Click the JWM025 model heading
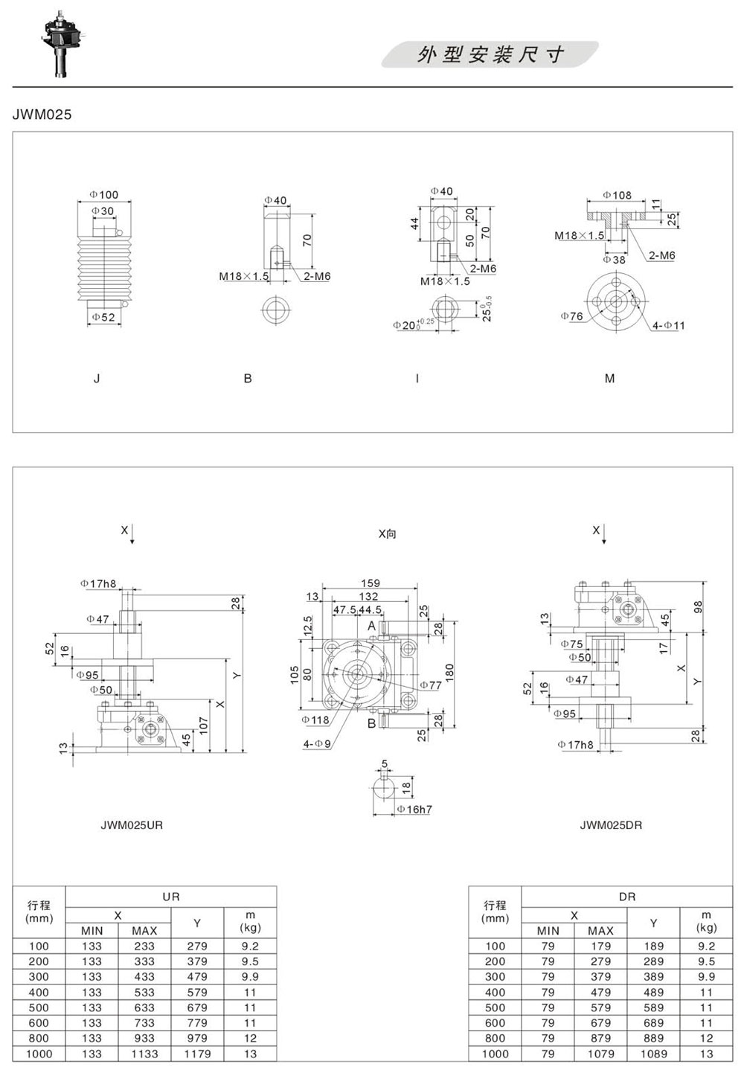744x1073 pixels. pos(42,115)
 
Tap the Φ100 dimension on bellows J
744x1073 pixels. pos(104,194)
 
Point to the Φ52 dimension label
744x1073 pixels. pos(103,317)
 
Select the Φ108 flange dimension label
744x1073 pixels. pos(617,195)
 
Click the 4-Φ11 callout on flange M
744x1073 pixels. pos(668,326)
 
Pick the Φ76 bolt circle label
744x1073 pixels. pos(572,316)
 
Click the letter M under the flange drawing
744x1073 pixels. pos(609,379)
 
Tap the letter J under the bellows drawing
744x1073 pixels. pos(97,379)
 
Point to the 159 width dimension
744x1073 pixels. pos(371,583)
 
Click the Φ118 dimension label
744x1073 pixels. pos(315,720)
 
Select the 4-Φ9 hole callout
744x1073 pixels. pos(317,744)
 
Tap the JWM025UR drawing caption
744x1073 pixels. pos(132,825)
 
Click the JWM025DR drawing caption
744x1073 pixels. pos(611,825)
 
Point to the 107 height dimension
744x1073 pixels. pos(204,726)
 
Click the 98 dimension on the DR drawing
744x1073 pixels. pos(698,607)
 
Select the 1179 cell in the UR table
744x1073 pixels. pos(197,1054)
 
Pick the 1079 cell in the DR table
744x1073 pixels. pos(600,1054)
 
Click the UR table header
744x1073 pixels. pos(171,897)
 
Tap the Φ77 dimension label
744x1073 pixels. pos(431,685)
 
